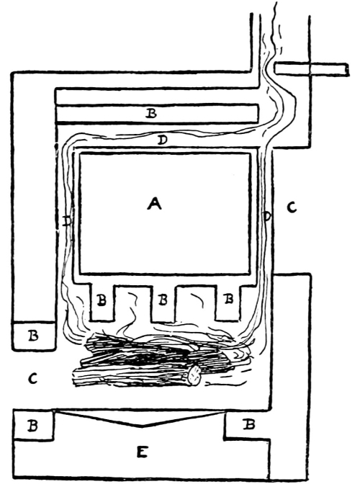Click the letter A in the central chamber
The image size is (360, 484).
pos(154,204)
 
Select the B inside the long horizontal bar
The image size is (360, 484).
pos(151,114)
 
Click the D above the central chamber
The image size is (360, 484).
pos(162,140)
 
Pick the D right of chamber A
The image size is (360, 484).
pos(267,216)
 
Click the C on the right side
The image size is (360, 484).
pos(292,207)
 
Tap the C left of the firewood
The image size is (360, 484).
pos(32,378)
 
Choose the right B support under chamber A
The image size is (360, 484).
pos(228,302)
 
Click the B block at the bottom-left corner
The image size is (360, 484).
pos(33,426)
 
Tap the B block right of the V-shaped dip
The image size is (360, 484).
pos(248,425)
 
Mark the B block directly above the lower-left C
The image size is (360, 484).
pos(34,336)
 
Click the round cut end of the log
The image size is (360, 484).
pos(194,375)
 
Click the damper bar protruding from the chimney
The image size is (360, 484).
pos(312,69)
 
